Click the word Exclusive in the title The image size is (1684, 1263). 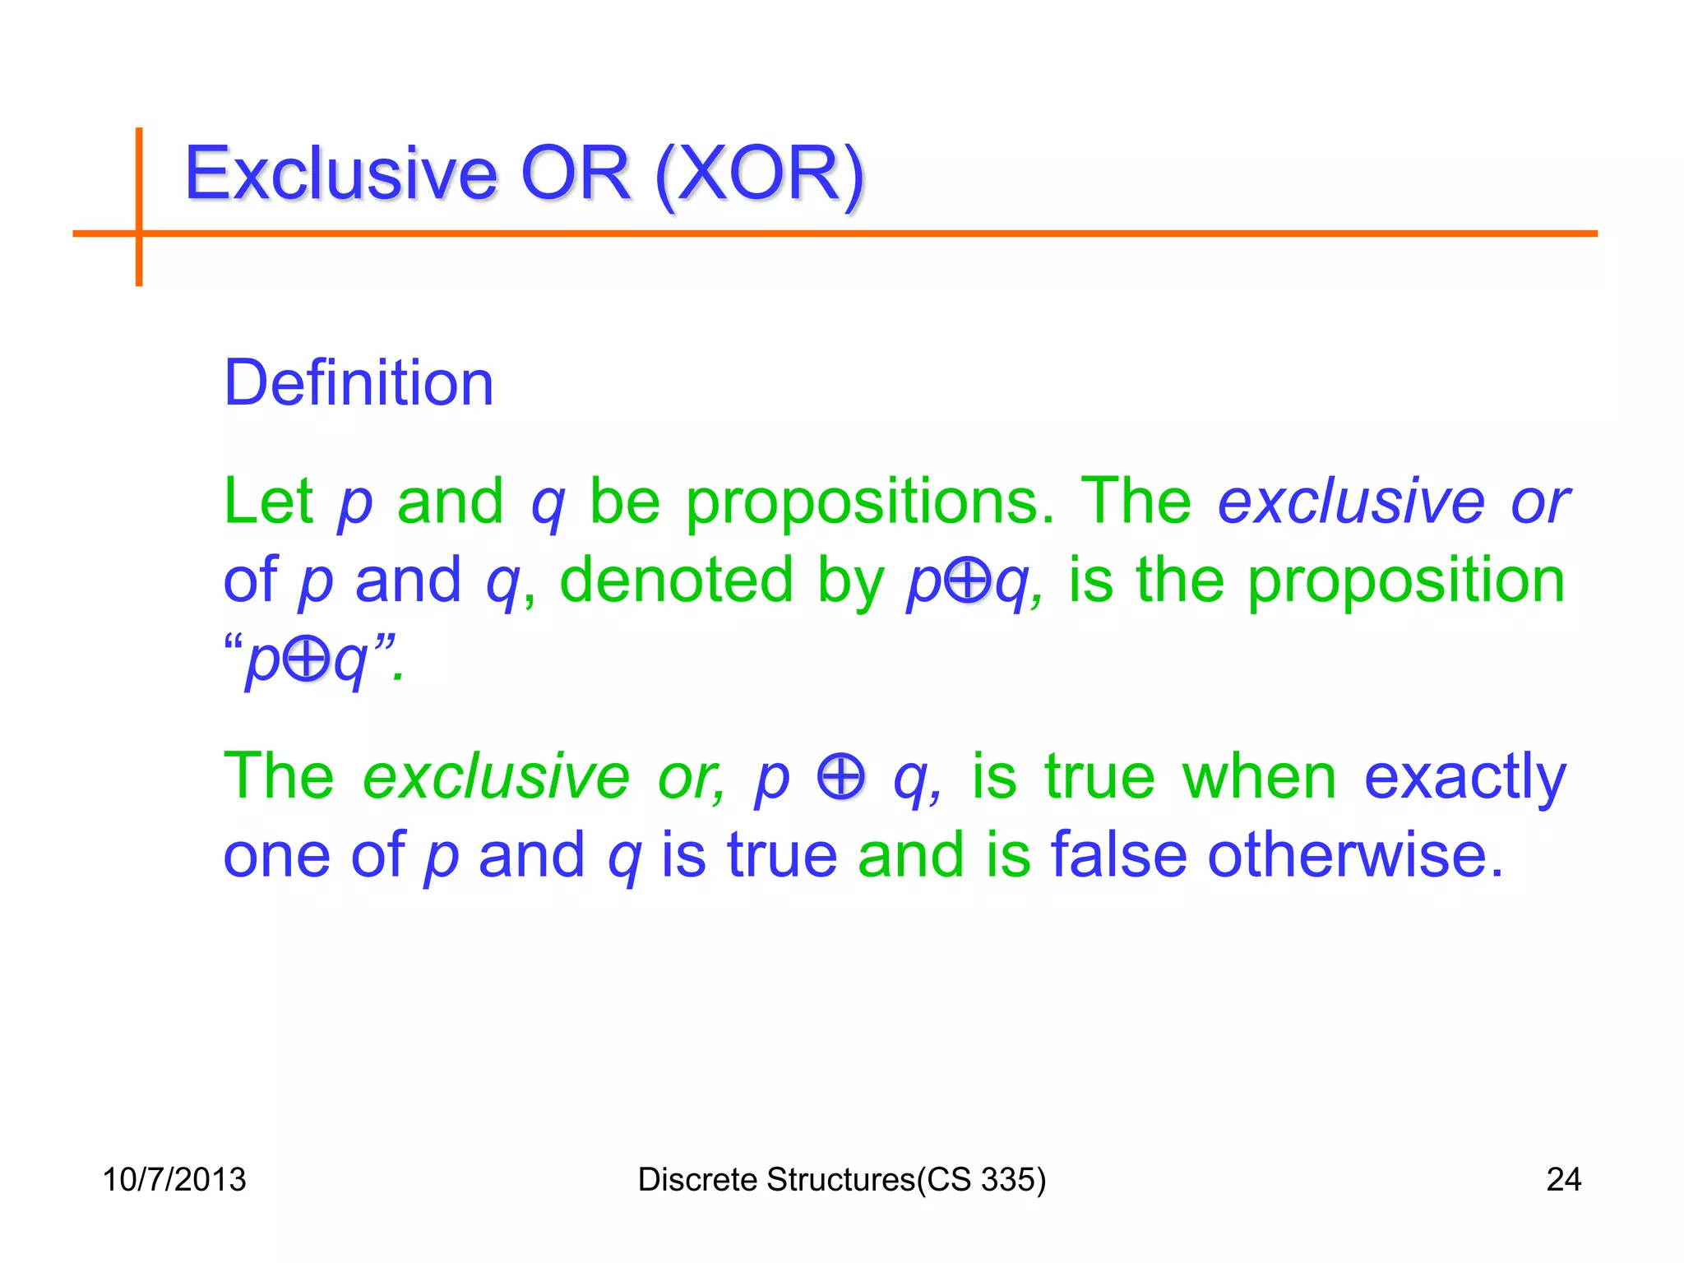tap(340, 173)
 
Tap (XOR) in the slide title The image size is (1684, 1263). tap(760, 173)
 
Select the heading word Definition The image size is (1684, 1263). tap(359, 383)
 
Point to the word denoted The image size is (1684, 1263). tap(676, 580)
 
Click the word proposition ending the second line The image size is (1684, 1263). tap(1406, 580)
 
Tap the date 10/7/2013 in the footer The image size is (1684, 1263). tap(174, 1179)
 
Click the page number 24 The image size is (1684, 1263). tap(1564, 1179)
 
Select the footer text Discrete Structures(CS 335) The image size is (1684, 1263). tap(842, 1179)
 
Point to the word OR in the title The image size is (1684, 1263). tap(576, 173)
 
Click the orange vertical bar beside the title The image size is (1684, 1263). tap(139, 206)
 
